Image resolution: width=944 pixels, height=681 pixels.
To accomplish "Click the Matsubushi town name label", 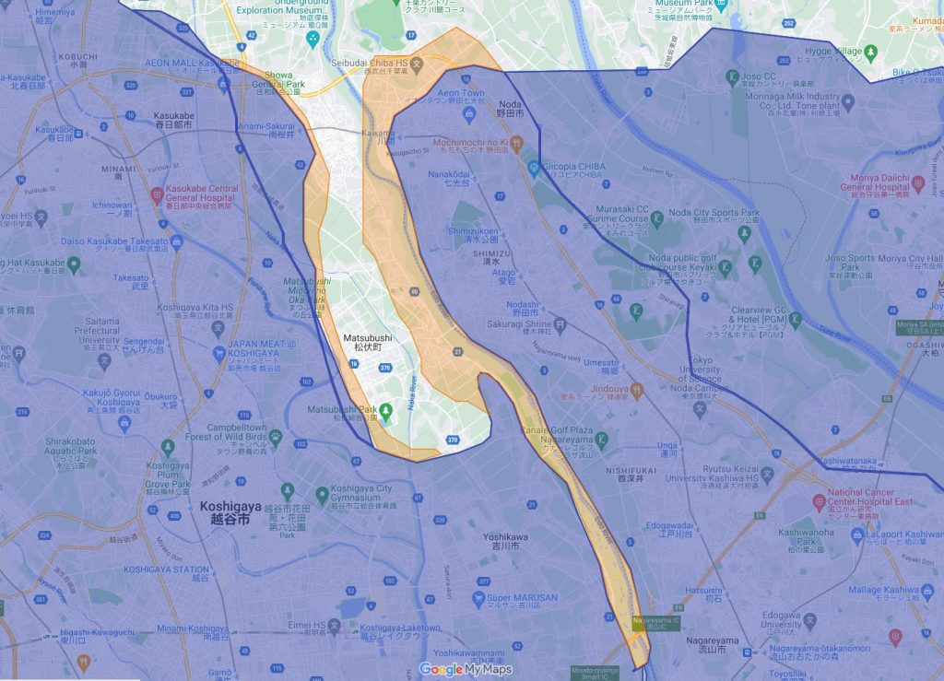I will click(368, 345).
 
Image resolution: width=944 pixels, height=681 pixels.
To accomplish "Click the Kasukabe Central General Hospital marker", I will click(157, 195).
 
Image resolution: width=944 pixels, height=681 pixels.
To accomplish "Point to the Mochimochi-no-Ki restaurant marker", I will click(517, 143).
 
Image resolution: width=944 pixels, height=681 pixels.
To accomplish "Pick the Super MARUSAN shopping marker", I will click(479, 600).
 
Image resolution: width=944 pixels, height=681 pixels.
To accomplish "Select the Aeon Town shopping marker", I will click(469, 112).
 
